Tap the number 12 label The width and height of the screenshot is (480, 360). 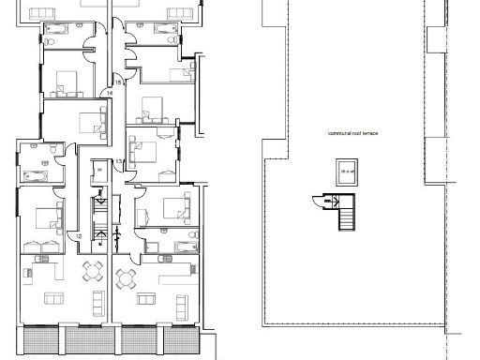79,235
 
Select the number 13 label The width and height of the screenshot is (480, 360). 119,162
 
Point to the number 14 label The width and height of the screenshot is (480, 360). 109,93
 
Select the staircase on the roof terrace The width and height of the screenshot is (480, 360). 348,216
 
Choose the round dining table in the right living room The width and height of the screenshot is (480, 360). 127,277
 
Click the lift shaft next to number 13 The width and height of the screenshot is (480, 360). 99,174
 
